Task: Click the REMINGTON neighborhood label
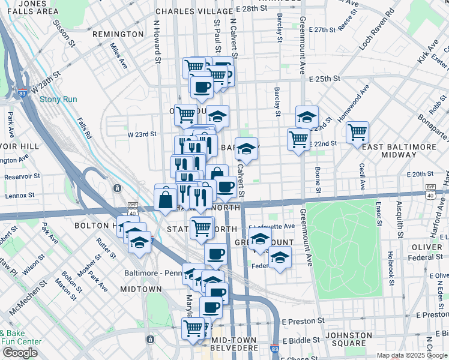point(119,34)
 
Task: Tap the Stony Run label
point(56,100)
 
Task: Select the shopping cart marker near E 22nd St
point(298,139)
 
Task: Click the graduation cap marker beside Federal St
point(279,258)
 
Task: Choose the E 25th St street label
point(325,79)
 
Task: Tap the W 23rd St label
point(142,134)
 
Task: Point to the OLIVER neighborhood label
point(427,247)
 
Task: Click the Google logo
point(20,353)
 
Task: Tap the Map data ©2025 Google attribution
point(412,355)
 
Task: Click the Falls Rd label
point(83,127)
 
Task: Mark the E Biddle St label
point(303,340)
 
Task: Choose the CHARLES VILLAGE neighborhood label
point(193,11)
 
